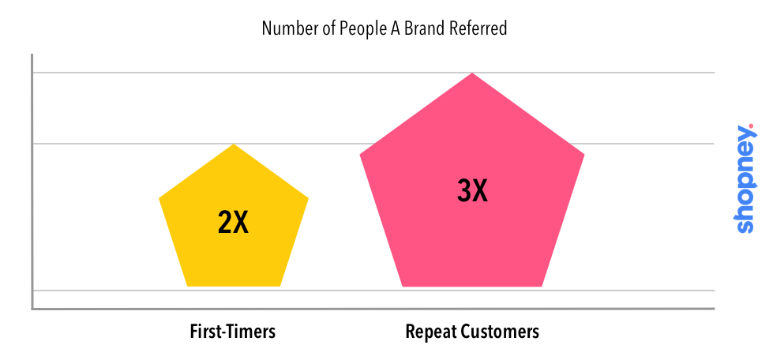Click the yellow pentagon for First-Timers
(234, 221)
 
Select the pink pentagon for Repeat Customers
(472, 186)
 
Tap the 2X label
(234, 223)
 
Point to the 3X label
(472, 191)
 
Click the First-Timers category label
(232, 332)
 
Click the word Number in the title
(283, 28)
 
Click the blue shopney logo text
(745, 180)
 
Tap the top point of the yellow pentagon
(234, 144)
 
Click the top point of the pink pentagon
(472, 73)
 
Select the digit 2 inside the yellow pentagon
(224, 223)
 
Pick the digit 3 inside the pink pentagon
(463, 191)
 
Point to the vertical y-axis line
(32, 182)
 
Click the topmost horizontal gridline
(373, 73)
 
